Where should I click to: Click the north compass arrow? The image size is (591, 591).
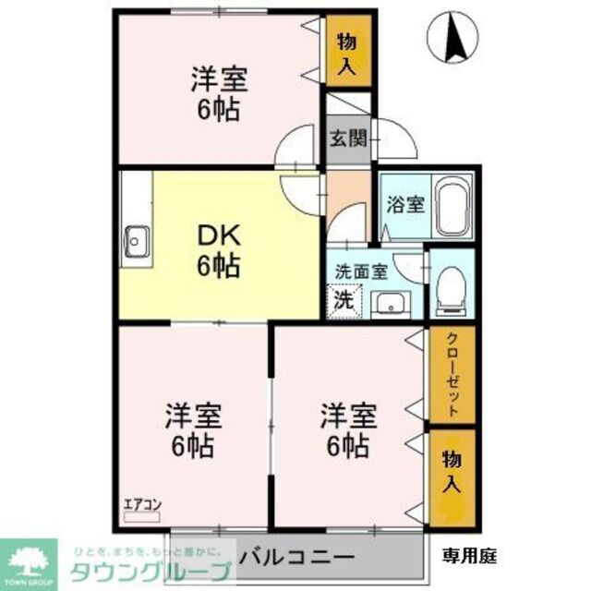455,37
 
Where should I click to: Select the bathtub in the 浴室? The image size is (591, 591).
452,207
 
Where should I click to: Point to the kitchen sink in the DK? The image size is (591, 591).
137,242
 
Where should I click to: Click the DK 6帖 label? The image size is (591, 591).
218,251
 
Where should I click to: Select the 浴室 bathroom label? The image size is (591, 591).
405,204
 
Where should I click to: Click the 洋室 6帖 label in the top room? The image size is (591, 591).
217,93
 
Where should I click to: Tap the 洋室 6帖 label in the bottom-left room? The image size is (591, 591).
192,430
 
